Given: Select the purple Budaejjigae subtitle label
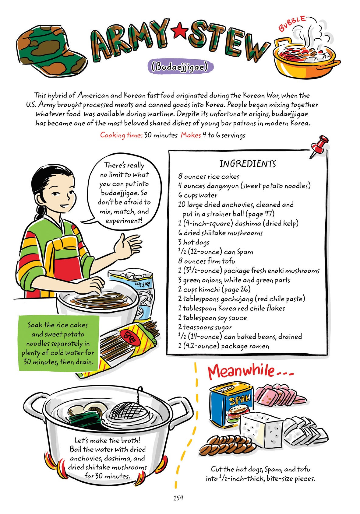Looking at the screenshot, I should coord(181,67).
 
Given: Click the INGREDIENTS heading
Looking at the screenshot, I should coord(248,164).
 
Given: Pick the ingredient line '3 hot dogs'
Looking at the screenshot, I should coord(194,242).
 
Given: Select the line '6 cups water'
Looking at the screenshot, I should coord(198,195).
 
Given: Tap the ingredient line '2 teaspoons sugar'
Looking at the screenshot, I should coord(205,327).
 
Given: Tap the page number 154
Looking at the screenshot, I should coord(178,498).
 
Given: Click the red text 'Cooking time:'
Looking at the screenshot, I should coord(121,135).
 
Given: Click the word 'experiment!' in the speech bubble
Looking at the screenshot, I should coord(124,221).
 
